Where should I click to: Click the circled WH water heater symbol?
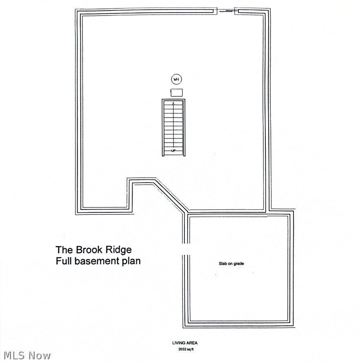(x=176, y=79)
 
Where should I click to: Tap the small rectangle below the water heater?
(x=177, y=92)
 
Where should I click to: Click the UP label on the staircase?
(x=173, y=151)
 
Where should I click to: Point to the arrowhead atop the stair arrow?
(x=173, y=103)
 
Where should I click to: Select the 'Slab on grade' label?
(x=231, y=263)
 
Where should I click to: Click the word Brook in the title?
(x=89, y=249)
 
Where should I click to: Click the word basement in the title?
(x=97, y=261)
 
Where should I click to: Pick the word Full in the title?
(x=64, y=261)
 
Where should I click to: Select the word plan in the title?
(x=131, y=262)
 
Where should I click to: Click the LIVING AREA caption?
(x=185, y=343)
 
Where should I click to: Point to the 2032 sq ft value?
(x=186, y=350)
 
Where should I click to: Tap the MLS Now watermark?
(x=27, y=356)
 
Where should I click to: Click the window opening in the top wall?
(x=226, y=11)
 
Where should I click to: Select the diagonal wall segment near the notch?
(x=171, y=195)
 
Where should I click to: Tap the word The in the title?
(x=64, y=249)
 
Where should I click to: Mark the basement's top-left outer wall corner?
(x=76, y=9)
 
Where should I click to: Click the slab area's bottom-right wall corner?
(x=293, y=327)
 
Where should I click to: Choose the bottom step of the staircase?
(x=173, y=153)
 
